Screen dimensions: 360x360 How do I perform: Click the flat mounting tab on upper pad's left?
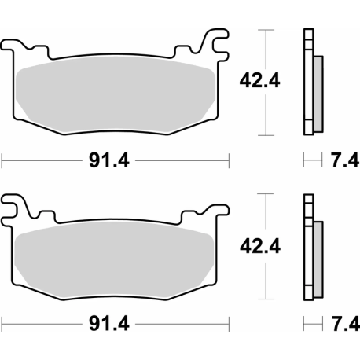pyautogui.click(x=24, y=43)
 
